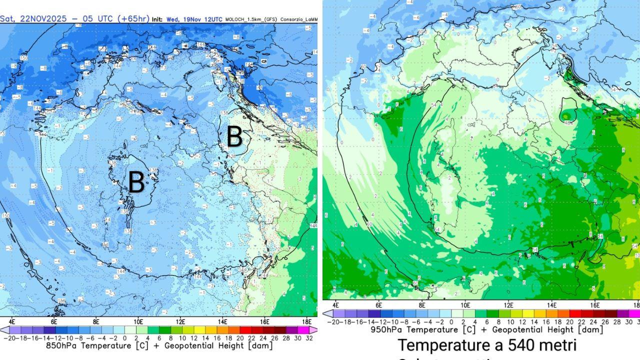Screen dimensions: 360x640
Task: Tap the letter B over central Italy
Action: tap(234, 136)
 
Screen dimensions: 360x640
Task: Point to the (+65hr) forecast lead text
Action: tap(132, 18)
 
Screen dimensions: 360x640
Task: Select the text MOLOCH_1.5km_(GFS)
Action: tap(252, 19)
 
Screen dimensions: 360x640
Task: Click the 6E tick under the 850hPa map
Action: tap(54, 321)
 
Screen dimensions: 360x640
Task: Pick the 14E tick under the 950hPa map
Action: tap(551, 304)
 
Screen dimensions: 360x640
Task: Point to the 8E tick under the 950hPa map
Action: tap(422, 304)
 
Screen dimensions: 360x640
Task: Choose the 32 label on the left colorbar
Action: tap(309, 338)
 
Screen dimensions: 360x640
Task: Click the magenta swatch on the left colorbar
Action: tap(304, 330)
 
